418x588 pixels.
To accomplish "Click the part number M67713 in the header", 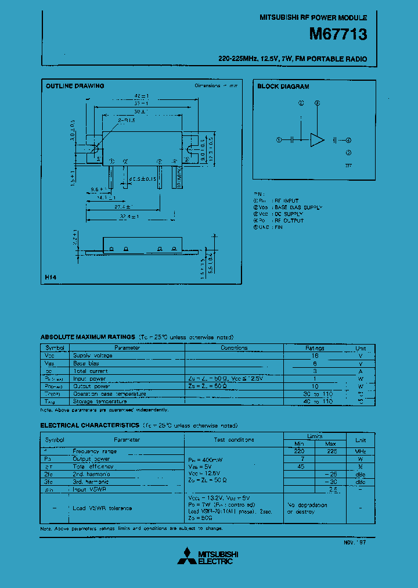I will click(338, 35).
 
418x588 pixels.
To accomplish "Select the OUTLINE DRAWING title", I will click(75, 86).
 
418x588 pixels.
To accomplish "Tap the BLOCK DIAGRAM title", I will click(283, 87).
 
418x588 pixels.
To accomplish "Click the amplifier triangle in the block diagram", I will click(318, 140).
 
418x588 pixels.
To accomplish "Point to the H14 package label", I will click(51, 278).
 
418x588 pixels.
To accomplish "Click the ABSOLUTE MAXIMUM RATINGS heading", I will click(87, 337).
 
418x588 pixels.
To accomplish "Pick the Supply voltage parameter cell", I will click(93, 356).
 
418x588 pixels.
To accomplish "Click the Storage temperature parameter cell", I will click(99, 401).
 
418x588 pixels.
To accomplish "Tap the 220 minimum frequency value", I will click(298, 451).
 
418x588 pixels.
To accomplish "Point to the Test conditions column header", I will click(234, 440).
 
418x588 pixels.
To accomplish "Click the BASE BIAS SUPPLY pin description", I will click(298, 207).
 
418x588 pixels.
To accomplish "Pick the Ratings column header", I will click(315, 348).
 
